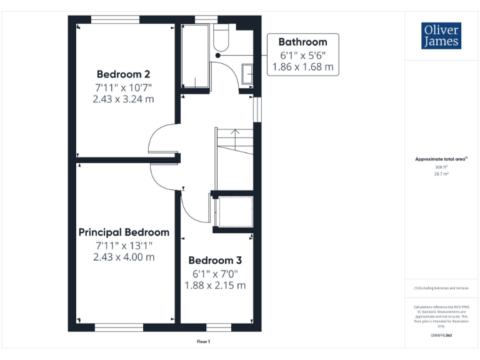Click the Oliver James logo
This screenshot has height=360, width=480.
441,36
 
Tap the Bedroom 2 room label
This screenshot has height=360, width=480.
123,73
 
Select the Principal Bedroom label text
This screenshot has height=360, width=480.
124,232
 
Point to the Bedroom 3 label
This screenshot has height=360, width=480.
215,260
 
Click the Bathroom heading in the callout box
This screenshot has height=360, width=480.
302,42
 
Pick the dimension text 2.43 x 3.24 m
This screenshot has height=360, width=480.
124,99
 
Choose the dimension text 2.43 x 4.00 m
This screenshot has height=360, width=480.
124,257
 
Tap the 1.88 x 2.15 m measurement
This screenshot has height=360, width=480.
215,285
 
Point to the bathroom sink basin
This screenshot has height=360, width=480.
247,74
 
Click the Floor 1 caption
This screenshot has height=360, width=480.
204,341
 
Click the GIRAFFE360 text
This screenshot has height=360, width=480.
441,336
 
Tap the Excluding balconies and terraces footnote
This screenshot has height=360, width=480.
441,287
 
